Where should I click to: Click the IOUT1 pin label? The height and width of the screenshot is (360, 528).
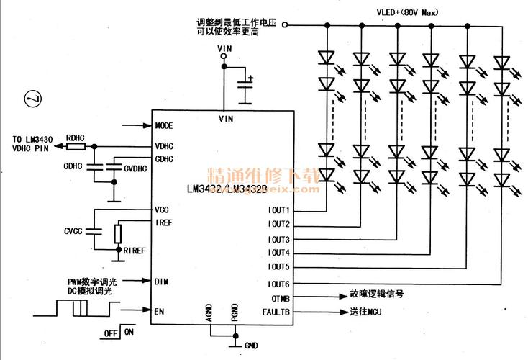pyautogui.click(x=278, y=211)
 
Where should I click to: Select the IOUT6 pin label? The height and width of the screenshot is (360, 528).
pyautogui.click(x=278, y=284)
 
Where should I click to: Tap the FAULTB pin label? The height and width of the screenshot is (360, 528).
pyautogui.click(x=276, y=312)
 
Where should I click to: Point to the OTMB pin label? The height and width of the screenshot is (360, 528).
pyautogui.click(x=280, y=297)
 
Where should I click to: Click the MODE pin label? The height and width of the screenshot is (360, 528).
pyautogui.click(x=165, y=125)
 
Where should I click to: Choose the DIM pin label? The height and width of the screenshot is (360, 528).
pyautogui.click(x=161, y=281)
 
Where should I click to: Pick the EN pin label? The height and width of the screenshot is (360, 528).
pyautogui.click(x=159, y=311)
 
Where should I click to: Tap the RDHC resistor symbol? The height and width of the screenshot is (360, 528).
pyautogui.click(x=76, y=146)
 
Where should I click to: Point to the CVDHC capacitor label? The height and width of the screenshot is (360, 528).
pyautogui.click(x=135, y=169)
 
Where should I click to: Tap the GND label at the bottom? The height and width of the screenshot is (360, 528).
pyautogui.click(x=252, y=346)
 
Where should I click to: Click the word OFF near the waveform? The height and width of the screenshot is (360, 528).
pyautogui.click(x=110, y=333)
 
